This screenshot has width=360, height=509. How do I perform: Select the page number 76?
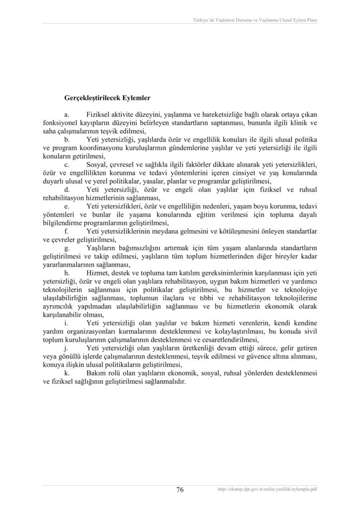(180, 490)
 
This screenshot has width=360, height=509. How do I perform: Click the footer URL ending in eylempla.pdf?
(268, 490)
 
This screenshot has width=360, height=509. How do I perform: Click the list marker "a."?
(68, 114)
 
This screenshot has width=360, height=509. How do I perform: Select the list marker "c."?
(68, 164)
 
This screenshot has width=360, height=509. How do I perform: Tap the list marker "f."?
(67, 231)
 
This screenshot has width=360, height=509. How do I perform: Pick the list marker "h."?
(68, 272)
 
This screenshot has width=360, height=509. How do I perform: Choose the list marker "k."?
(68, 373)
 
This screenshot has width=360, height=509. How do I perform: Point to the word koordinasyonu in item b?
(100, 148)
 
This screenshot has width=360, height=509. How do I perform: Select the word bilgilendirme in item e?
(62, 223)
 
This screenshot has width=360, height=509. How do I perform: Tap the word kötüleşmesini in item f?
(234, 231)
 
